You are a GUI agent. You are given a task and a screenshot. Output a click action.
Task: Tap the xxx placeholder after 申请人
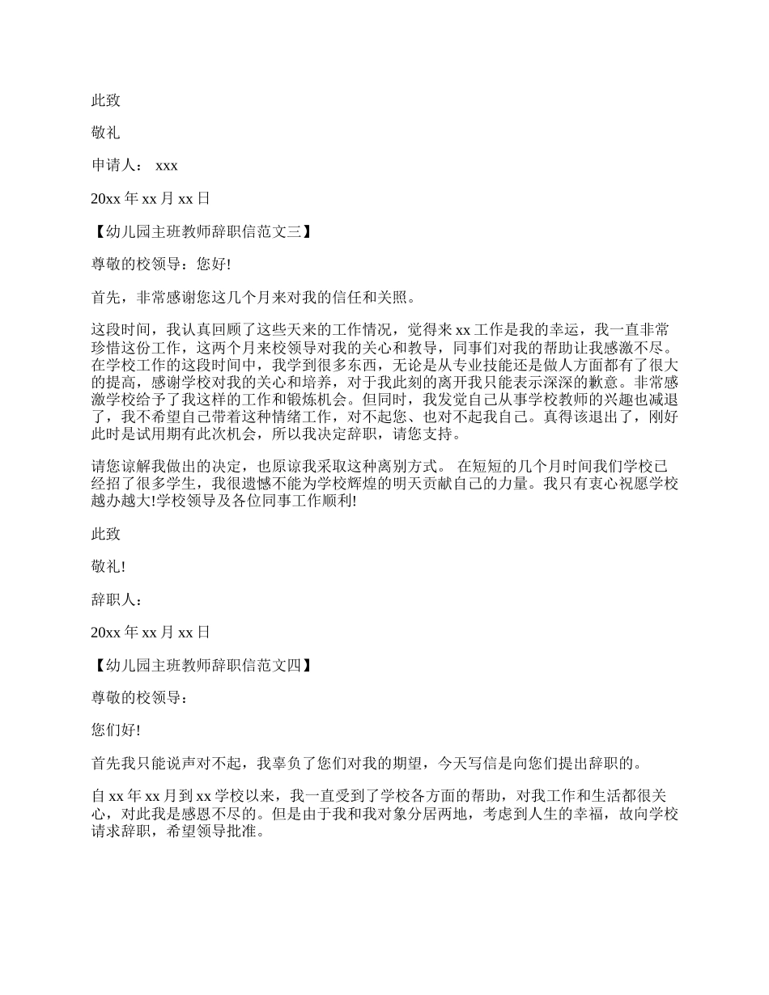[x=166, y=165]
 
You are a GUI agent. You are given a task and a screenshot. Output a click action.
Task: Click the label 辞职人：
[x=117, y=599]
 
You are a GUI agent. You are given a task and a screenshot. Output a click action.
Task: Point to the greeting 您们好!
[x=116, y=730]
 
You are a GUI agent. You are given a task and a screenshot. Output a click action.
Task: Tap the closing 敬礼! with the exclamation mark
[x=108, y=567]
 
